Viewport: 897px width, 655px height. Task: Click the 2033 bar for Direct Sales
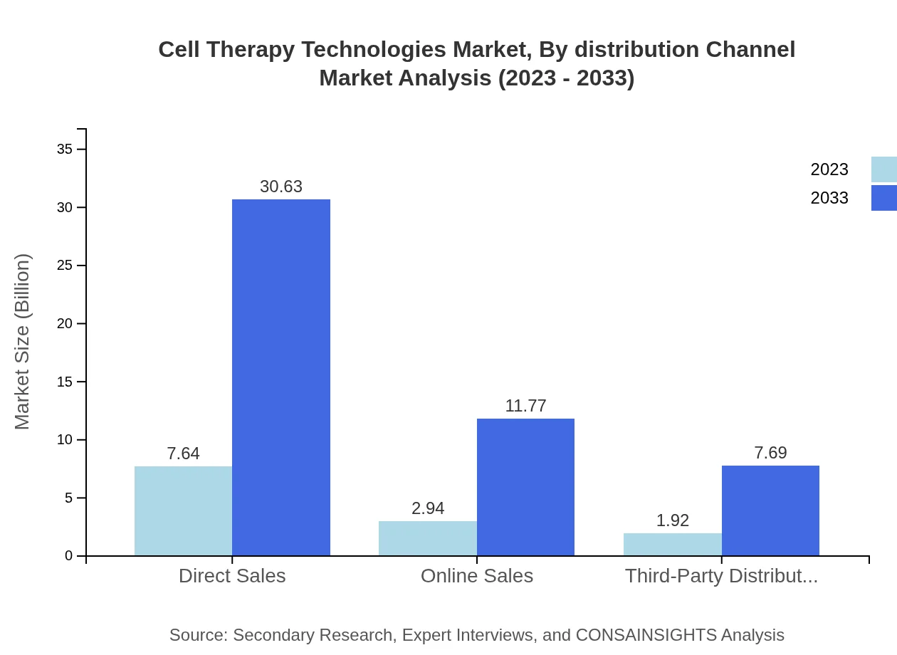(x=281, y=377)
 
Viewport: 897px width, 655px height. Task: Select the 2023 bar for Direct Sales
(x=183, y=510)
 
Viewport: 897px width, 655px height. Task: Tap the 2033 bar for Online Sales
(x=525, y=487)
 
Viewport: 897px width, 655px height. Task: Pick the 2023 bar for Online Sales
(x=427, y=538)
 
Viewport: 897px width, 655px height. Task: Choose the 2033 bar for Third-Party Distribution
(x=770, y=510)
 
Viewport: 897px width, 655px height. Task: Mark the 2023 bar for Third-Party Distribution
(x=672, y=544)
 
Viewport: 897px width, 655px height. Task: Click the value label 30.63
(x=281, y=187)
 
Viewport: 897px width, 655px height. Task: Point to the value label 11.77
(x=525, y=406)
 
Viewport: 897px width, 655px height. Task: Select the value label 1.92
(x=672, y=520)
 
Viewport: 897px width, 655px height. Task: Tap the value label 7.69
(x=770, y=453)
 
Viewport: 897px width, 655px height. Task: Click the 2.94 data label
(x=428, y=508)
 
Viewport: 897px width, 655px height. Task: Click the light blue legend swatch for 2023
(x=883, y=169)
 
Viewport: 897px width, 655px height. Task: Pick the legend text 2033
(x=829, y=198)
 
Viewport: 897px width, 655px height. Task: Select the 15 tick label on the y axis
(x=65, y=382)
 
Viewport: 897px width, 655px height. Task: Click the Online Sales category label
(x=477, y=575)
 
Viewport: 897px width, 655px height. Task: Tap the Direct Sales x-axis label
(x=232, y=575)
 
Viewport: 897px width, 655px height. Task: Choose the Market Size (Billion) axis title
(x=22, y=342)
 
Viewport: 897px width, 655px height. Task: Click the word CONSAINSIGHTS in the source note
(x=646, y=635)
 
